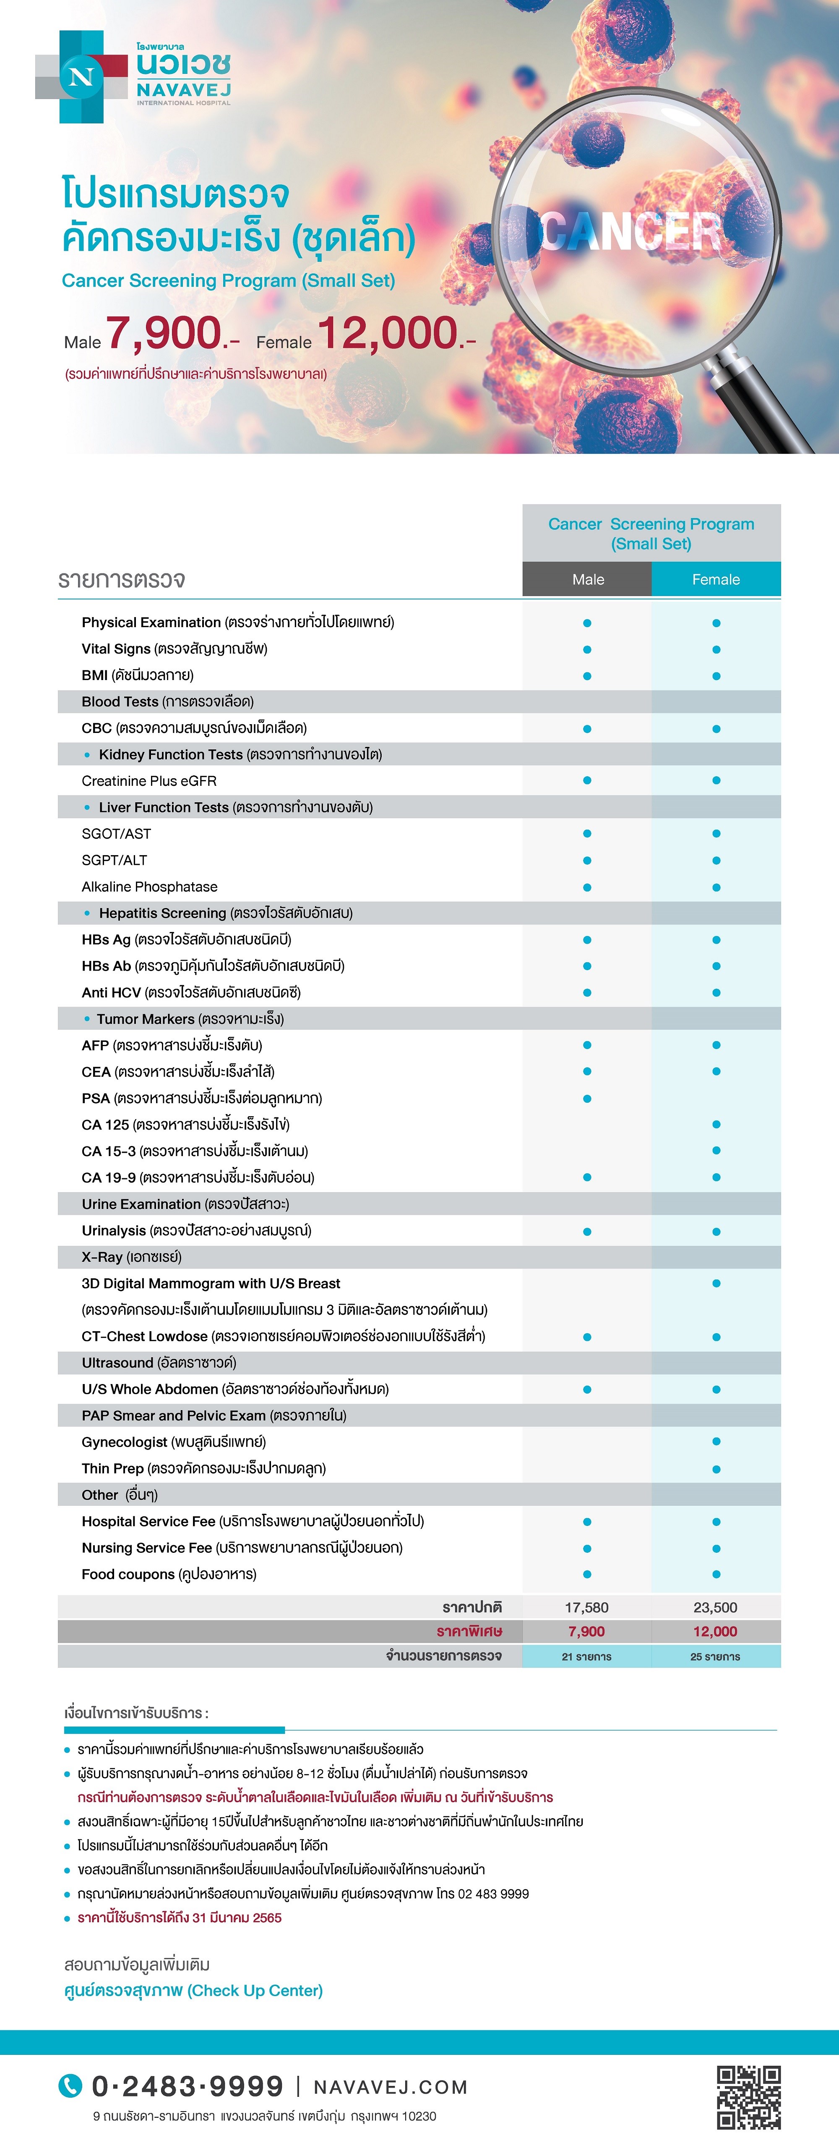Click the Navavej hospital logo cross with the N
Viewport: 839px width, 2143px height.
(81, 77)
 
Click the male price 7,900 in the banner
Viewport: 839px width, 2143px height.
(164, 334)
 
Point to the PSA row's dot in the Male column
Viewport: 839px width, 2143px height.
(587, 1098)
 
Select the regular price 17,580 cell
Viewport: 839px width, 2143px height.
(587, 1607)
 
